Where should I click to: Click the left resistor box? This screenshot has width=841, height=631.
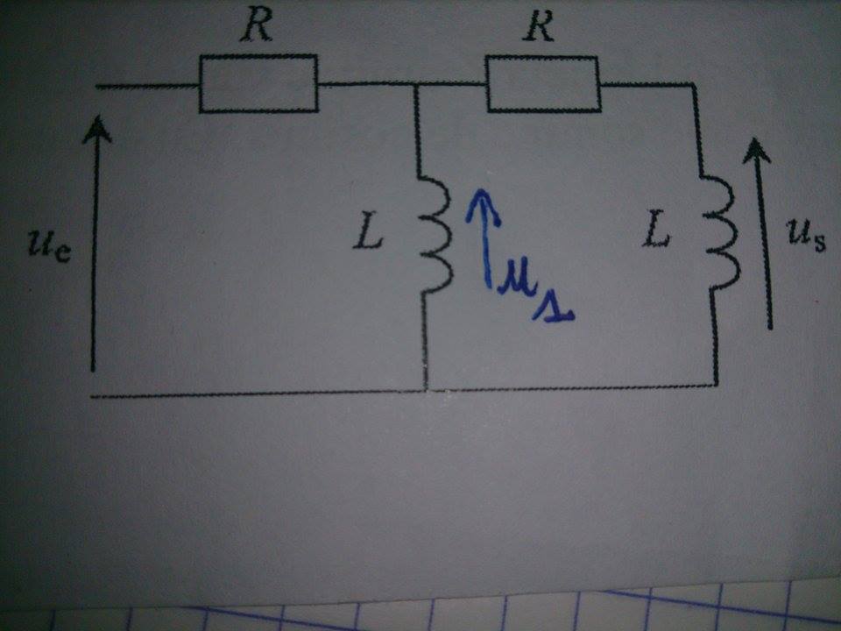pyautogui.click(x=258, y=83)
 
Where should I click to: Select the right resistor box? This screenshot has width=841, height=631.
pyautogui.click(x=543, y=85)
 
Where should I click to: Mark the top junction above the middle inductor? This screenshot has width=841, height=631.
pyautogui.click(x=415, y=85)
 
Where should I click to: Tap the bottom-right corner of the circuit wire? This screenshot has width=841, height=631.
pyautogui.click(x=717, y=385)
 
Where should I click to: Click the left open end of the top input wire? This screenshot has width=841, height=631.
pyautogui.click(x=96, y=86)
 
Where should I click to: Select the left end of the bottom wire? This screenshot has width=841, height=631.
pyautogui.click(x=93, y=396)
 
